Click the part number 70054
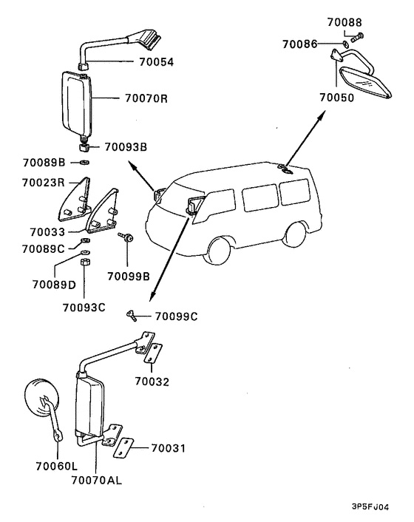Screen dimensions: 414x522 (156, 62)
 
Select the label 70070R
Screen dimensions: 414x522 (146, 98)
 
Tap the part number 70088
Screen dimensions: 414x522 (345, 22)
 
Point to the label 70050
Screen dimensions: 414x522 (337, 98)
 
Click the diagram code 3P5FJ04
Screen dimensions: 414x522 (370, 507)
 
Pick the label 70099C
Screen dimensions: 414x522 (177, 316)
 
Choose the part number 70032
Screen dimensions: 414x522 (152, 382)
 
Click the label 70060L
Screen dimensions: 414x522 (57, 467)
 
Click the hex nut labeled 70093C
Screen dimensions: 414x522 (84, 262)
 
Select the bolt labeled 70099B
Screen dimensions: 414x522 (126, 237)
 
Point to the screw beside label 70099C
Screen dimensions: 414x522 (131, 315)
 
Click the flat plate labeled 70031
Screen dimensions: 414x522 (123, 448)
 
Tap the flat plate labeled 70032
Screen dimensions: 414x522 (154, 354)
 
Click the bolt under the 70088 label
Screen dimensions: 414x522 (357, 37)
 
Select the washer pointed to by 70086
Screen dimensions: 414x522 (345, 44)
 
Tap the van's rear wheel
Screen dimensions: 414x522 (296, 234)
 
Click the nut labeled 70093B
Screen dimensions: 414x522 (84, 147)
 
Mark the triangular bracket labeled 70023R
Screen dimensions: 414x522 (75, 200)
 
